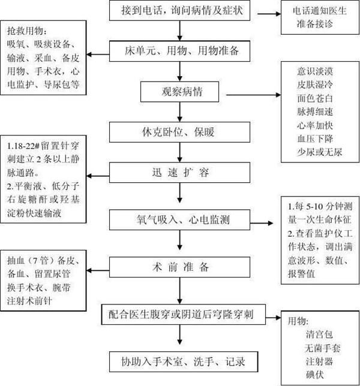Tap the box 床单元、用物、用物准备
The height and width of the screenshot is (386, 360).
(179, 51)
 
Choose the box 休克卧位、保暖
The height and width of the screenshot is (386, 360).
(179, 131)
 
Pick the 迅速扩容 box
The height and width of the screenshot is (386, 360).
(179, 173)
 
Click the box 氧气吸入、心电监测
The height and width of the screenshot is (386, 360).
(179, 218)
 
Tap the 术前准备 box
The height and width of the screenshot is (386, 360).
(179, 265)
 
